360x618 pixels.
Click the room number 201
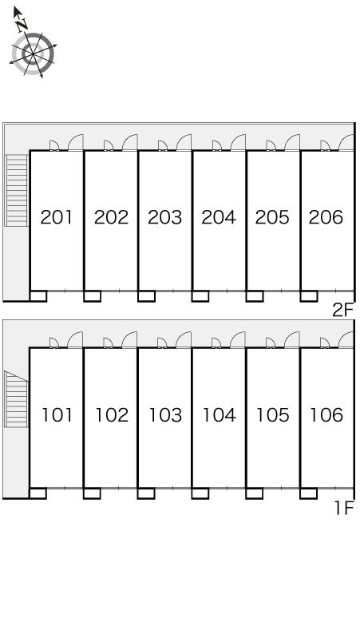(x=57, y=217)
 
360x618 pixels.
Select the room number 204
(x=219, y=217)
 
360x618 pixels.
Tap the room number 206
(x=326, y=217)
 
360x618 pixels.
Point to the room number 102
(x=112, y=415)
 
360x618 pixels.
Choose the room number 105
(x=272, y=415)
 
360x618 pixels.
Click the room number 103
(x=165, y=415)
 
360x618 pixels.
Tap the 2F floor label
(x=343, y=311)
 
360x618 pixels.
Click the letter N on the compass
(x=22, y=26)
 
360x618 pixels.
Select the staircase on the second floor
(x=17, y=190)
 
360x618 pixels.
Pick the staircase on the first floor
(x=16, y=399)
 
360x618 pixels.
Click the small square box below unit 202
(x=92, y=296)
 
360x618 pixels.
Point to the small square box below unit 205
(x=255, y=296)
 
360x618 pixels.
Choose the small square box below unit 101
(x=38, y=493)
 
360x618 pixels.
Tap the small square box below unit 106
(x=309, y=493)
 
